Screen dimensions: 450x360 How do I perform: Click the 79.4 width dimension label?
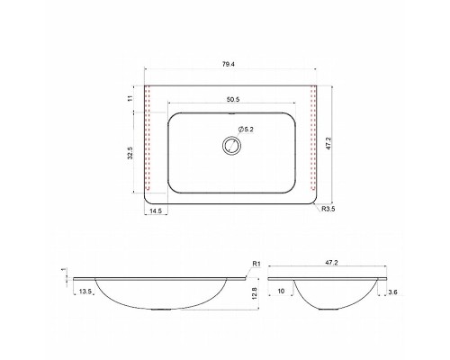(229, 64)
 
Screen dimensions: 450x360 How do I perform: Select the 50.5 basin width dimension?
(233, 100)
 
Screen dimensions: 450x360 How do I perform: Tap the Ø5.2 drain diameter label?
(247, 130)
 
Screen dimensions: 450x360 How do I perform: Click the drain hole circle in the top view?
(231, 146)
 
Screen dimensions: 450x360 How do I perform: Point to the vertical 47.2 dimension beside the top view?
(328, 143)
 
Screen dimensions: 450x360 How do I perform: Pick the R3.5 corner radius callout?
(328, 209)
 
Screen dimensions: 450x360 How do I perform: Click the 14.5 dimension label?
(156, 211)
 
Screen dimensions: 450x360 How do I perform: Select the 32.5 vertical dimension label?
(130, 153)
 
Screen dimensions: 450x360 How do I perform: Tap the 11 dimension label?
(130, 98)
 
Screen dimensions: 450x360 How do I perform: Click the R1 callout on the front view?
(256, 264)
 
